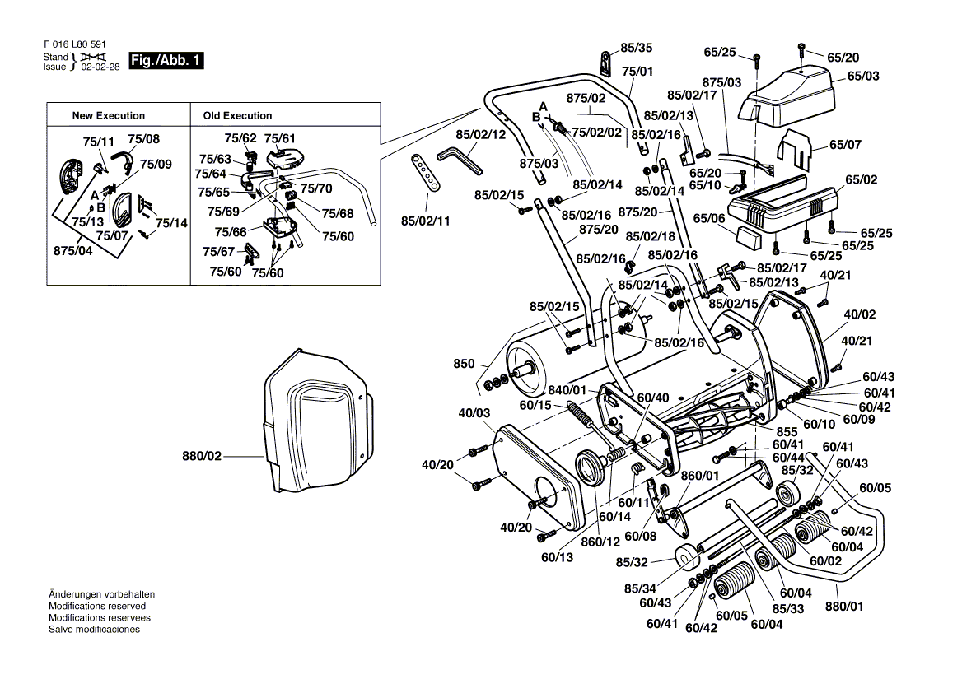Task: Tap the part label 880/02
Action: click(203, 455)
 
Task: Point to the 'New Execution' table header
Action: click(109, 116)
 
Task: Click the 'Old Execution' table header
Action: click(237, 116)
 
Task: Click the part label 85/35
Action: click(636, 48)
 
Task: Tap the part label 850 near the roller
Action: click(465, 364)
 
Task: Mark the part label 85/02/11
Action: click(427, 221)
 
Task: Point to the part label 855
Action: click(787, 431)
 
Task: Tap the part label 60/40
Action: click(653, 398)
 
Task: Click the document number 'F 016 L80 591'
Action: click(74, 45)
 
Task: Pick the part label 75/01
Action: click(637, 72)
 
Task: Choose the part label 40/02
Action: click(859, 314)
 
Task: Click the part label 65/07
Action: click(845, 146)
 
